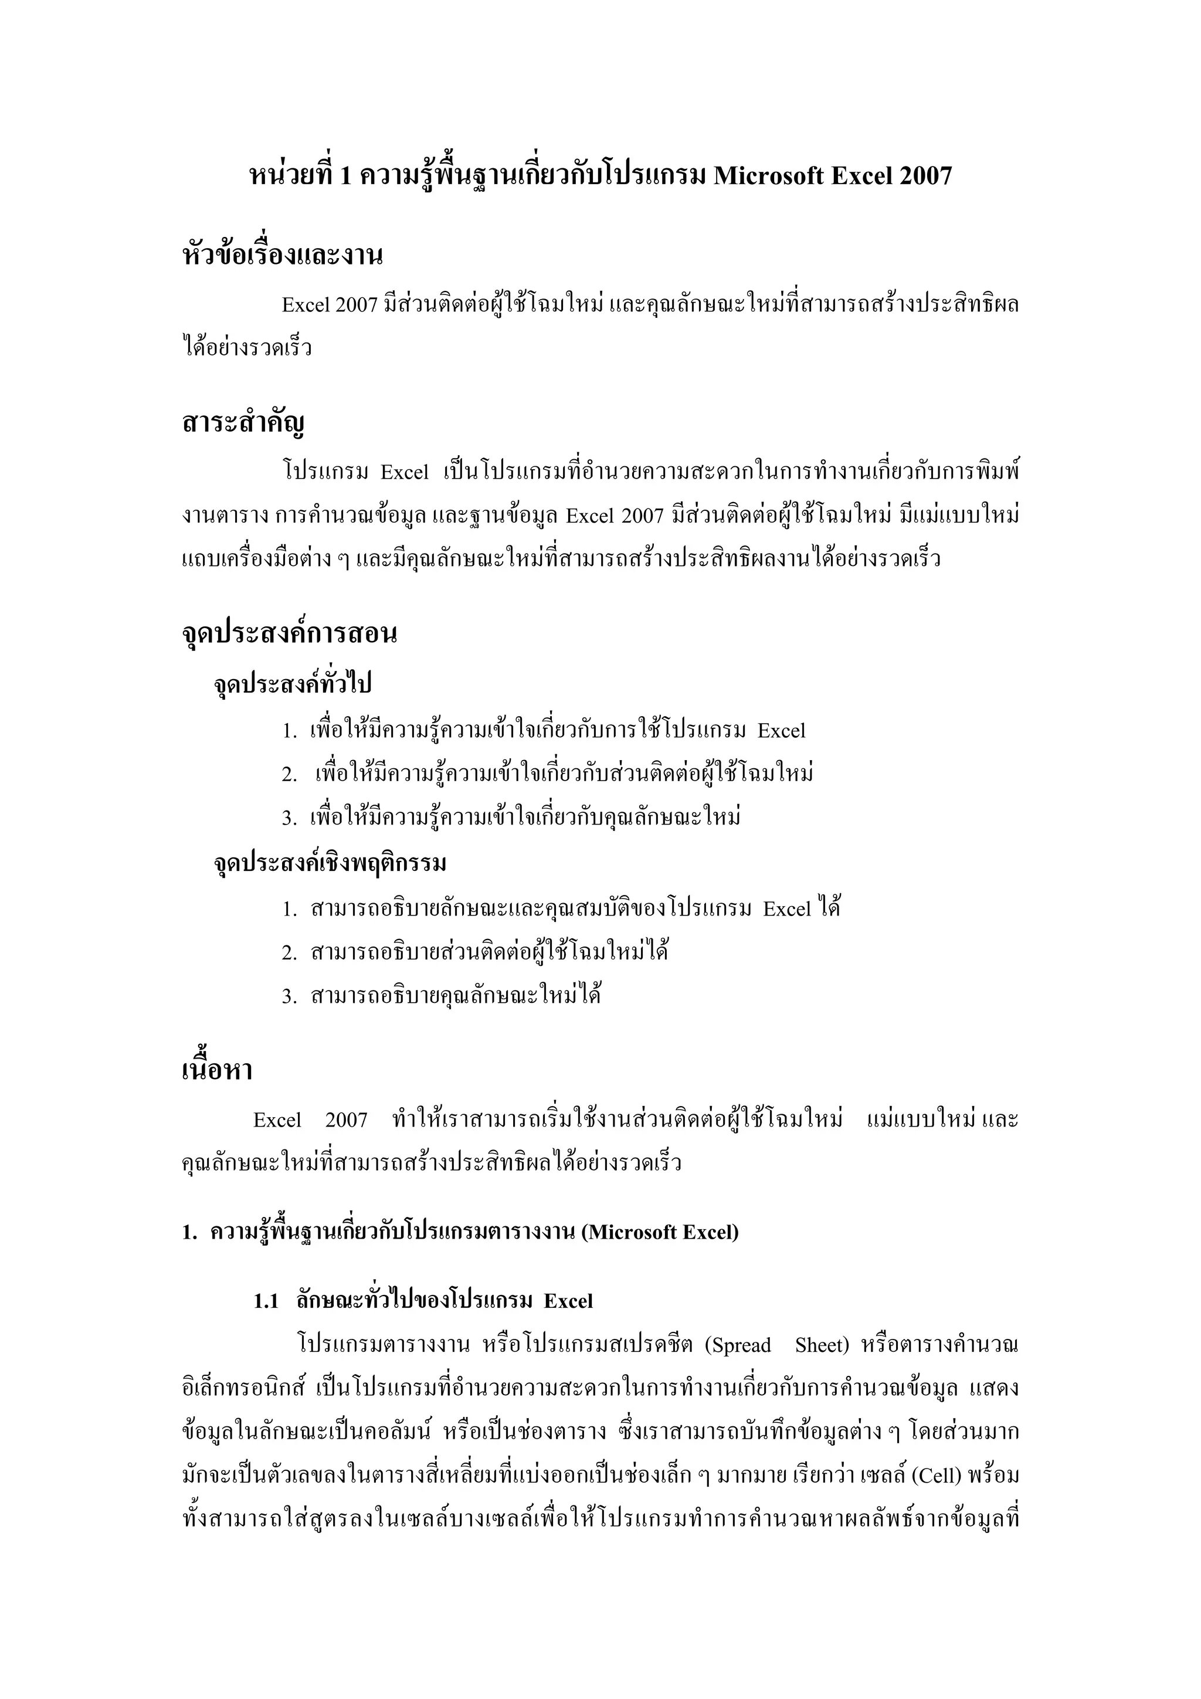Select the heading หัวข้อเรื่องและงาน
[282, 255]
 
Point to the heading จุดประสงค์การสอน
[289, 633]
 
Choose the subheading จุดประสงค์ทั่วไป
[292, 683]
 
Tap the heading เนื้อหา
[217, 1070]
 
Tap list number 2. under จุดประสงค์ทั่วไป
[289, 775]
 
